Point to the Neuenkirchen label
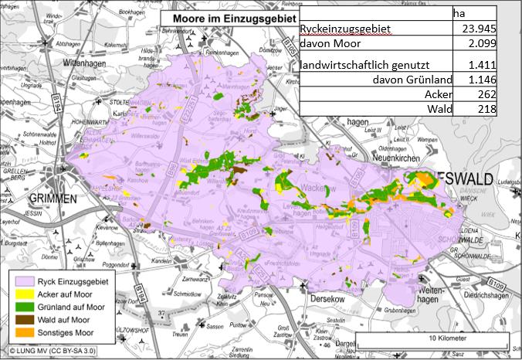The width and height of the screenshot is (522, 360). (x=375, y=156)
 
